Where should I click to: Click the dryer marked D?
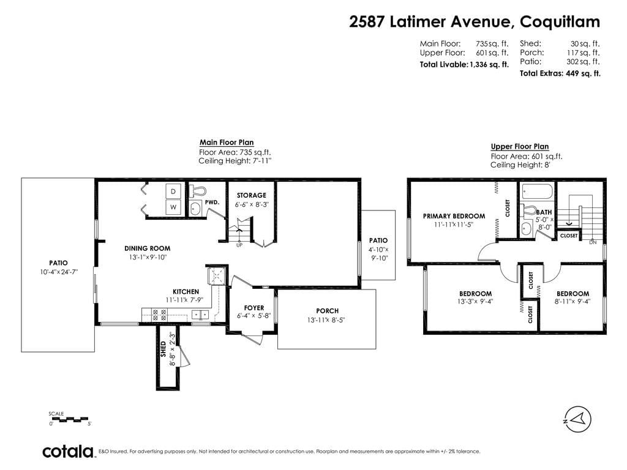tap(173, 192)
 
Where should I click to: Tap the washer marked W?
tap(173, 207)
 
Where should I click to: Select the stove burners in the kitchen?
tap(159, 315)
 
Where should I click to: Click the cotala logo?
tap(68, 452)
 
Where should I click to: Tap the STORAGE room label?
tap(251, 195)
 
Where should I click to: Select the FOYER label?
tap(254, 308)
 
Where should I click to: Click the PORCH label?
tap(327, 311)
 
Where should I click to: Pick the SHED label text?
tap(163, 349)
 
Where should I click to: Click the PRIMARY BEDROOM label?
tap(454, 216)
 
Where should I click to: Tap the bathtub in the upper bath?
tap(537, 191)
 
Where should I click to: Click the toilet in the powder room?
tap(197, 191)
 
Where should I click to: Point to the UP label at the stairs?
tap(239, 245)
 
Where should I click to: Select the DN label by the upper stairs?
tap(593, 242)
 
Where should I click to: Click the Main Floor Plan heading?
tap(227, 142)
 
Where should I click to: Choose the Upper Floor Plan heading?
tap(520, 146)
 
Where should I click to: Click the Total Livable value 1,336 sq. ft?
tap(489, 64)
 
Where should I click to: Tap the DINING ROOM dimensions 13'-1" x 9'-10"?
tap(148, 258)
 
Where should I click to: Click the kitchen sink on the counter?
tap(200, 315)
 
